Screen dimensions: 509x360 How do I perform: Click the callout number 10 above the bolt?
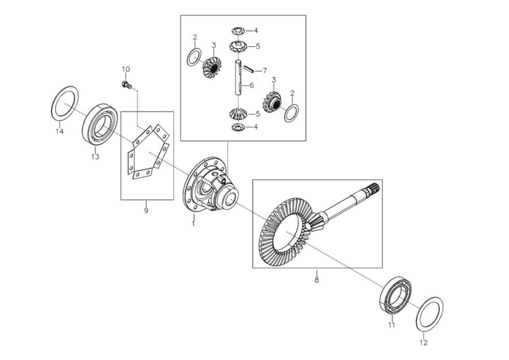126,69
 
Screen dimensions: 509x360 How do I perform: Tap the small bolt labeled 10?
126,84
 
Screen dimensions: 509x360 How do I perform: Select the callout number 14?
59,131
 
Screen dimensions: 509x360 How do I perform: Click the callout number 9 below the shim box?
146,211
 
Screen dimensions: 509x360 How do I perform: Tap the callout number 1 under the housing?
193,224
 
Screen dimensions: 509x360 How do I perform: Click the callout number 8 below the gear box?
317,280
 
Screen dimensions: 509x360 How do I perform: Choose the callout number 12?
424,342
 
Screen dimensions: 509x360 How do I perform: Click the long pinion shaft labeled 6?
238,78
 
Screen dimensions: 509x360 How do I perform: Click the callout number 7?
265,71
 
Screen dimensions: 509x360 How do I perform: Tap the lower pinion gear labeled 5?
239,114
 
